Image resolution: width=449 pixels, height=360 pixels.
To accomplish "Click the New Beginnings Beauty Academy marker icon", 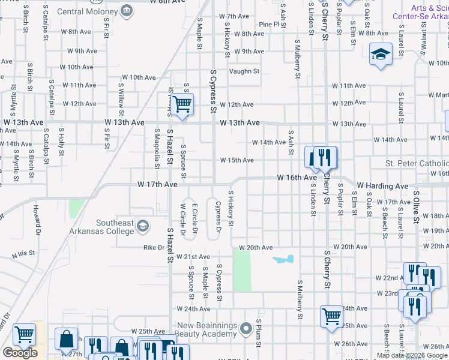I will click(245, 329).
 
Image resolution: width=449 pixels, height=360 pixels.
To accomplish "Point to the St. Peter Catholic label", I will click(417, 164).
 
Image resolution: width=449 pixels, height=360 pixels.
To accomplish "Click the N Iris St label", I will click(23, 256).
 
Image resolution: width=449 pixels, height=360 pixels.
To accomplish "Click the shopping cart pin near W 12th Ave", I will click(182, 104).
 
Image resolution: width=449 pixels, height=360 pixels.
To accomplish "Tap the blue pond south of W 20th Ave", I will click(283, 260).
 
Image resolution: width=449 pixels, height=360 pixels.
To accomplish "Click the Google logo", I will click(20, 353).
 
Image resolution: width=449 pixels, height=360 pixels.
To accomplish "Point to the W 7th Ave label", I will click(234, 16).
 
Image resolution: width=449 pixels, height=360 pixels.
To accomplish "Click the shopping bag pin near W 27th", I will click(67, 339).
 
